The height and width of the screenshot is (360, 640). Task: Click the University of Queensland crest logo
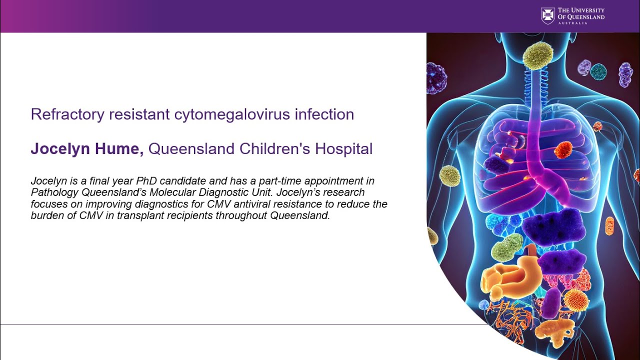coord(548,15)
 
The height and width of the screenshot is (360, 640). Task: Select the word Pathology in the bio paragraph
coord(51,192)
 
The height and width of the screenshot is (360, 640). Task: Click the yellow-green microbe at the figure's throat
coord(538,55)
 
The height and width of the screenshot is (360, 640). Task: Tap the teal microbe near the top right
coord(598,71)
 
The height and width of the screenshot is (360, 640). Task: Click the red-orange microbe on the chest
coord(563,149)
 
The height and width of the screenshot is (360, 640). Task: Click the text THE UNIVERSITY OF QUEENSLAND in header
coord(580,14)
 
